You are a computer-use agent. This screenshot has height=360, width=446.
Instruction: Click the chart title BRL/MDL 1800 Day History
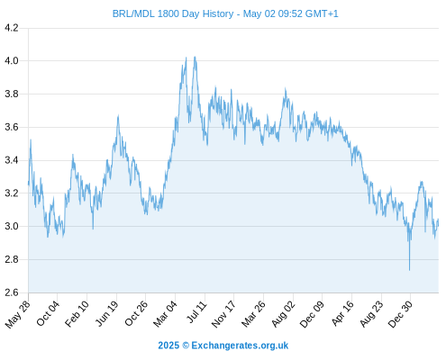pos(173,13)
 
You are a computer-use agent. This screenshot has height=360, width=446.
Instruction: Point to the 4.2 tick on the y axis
pos(12,28)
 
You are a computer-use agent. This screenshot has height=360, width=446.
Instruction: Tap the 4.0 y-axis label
pos(12,61)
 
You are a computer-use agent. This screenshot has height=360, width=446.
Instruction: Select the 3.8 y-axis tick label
pos(12,94)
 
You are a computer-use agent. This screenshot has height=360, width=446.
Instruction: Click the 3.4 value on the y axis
pos(12,160)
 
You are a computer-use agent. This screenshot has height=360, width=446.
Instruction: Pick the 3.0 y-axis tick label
pos(12,226)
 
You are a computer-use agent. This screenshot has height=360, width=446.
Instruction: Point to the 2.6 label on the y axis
pos(12,292)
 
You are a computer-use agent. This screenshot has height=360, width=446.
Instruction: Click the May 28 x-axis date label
pos(18,314)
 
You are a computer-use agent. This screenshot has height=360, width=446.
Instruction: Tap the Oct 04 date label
pos(48,313)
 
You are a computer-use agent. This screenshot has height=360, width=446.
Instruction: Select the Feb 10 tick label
pos(77,313)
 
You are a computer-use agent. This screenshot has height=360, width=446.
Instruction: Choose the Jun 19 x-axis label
pos(107,313)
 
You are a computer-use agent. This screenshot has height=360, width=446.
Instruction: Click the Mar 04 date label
pos(165,314)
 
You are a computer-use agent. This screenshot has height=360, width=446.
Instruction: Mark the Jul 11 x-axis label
pos(197,312)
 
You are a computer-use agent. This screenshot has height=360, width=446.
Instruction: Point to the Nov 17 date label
pos(223,314)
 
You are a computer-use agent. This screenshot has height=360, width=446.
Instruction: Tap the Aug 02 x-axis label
pos(283,314)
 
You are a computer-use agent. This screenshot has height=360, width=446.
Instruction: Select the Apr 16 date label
pos(342,313)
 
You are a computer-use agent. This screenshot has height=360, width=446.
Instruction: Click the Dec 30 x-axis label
pos(400,314)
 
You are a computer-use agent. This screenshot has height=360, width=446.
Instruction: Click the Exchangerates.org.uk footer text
pos(240,346)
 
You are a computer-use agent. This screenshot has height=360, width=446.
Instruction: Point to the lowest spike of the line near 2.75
pos(409,270)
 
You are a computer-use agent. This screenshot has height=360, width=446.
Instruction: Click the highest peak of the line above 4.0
pos(196,57)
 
